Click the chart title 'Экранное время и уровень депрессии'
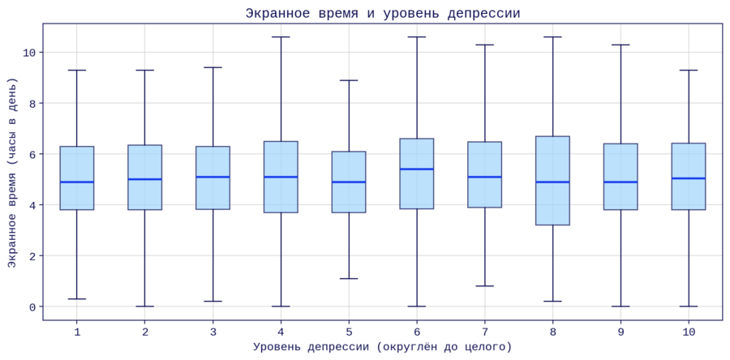pyautogui.click(x=383, y=13)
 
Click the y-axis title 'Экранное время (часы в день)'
pyautogui.click(x=12, y=173)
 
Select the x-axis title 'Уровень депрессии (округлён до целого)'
pyautogui.click(x=383, y=347)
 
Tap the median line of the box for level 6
pyautogui.click(x=417, y=169)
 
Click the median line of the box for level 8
pyautogui.click(x=552, y=182)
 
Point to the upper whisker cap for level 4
pyautogui.click(x=281, y=37)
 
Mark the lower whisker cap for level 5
pyautogui.click(x=349, y=279)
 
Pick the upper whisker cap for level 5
pyautogui.click(x=349, y=80)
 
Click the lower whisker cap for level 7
pyautogui.click(x=484, y=286)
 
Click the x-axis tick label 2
pyautogui.click(x=145, y=332)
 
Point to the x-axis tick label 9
pyautogui.click(x=620, y=332)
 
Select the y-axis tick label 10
pyautogui.click(x=30, y=53)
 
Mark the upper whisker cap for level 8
pyautogui.click(x=552, y=37)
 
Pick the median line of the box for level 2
pyautogui.click(x=145, y=179)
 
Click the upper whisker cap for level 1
pyautogui.click(x=77, y=71)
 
